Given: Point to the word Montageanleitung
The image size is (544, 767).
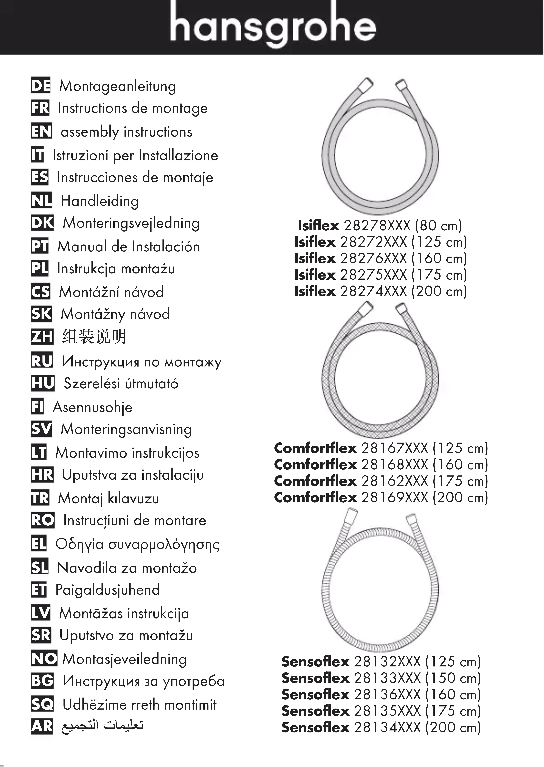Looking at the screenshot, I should click(x=118, y=86).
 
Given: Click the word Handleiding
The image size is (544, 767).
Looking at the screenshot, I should click(x=99, y=201).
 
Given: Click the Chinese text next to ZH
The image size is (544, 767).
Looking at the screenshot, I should click(x=94, y=336).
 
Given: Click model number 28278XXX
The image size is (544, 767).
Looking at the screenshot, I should click(x=377, y=226).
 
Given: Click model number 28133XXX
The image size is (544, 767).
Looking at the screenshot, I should click(x=387, y=678).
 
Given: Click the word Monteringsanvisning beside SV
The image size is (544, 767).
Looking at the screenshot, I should click(x=126, y=429).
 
